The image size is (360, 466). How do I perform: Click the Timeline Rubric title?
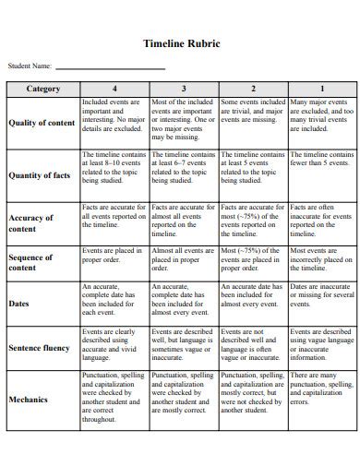(x=181, y=42)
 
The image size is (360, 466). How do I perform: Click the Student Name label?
(x=30, y=66)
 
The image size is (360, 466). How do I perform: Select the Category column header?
(x=42, y=89)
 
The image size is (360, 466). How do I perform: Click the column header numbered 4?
(x=114, y=89)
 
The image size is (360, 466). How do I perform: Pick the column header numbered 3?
(x=184, y=89)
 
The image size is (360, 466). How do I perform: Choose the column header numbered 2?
(x=253, y=89)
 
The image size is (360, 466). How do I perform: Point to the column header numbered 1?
(x=321, y=89)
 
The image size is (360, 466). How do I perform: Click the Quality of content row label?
(x=42, y=123)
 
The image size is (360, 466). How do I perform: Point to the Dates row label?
(x=19, y=303)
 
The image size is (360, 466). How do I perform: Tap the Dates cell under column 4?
(x=114, y=298)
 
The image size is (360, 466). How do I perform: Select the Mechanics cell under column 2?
(x=253, y=392)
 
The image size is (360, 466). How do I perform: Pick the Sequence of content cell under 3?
(x=184, y=257)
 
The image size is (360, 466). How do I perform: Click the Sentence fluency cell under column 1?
(x=321, y=343)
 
